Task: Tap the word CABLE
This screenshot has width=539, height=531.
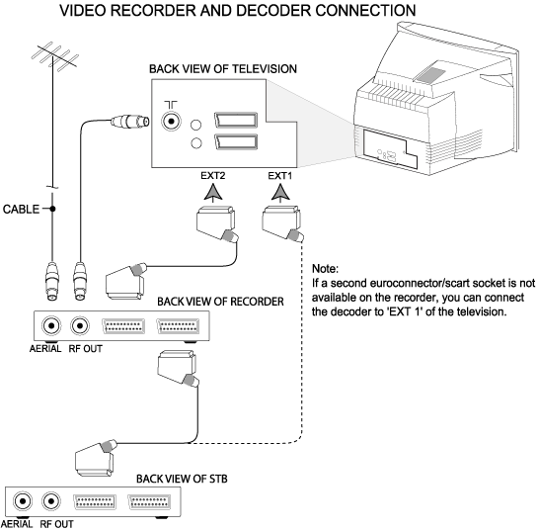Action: [21, 209]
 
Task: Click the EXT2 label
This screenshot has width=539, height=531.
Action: [213, 176]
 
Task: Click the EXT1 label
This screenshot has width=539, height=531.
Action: [279, 176]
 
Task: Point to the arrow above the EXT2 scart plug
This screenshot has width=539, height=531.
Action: [213, 193]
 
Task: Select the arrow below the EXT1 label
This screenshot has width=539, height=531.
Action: [280, 193]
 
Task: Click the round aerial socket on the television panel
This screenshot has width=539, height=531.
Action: [171, 122]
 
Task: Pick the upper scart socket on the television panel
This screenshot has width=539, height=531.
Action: [236, 121]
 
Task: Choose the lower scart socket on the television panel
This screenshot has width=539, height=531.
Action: [236, 141]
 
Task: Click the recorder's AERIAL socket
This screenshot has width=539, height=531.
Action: [51, 325]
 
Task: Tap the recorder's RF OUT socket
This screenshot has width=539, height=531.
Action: [80, 325]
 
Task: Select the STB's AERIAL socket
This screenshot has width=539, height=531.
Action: [23, 501]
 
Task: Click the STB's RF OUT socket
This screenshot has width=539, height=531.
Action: [51, 501]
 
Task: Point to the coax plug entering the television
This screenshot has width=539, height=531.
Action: [130, 122]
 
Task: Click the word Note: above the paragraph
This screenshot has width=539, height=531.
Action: [325, 269]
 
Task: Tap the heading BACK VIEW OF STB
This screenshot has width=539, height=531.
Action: [182, 479]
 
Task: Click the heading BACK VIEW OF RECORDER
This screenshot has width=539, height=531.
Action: [220, 302]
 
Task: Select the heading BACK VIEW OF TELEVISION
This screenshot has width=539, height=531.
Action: [223, 69]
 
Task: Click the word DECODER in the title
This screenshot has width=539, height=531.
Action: [273, 10]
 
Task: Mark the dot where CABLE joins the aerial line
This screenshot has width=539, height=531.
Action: [52, 209]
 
